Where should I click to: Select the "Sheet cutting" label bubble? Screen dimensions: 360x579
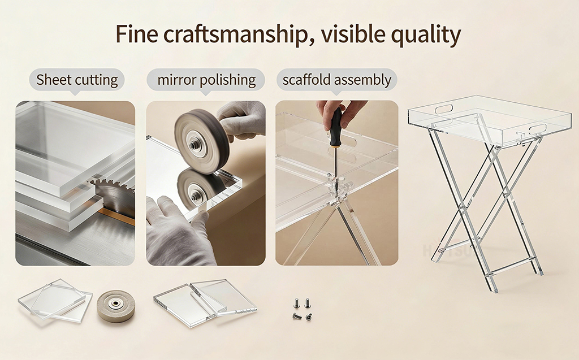coord(77,80)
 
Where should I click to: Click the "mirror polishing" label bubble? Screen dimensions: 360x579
coord(206,80)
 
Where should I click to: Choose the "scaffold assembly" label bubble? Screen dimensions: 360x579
coord(336,80)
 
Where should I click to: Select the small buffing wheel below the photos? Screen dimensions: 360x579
coord(116,306)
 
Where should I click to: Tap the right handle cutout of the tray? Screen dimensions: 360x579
coord(537,128)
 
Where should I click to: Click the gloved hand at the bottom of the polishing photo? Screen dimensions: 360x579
coord(175,232)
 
